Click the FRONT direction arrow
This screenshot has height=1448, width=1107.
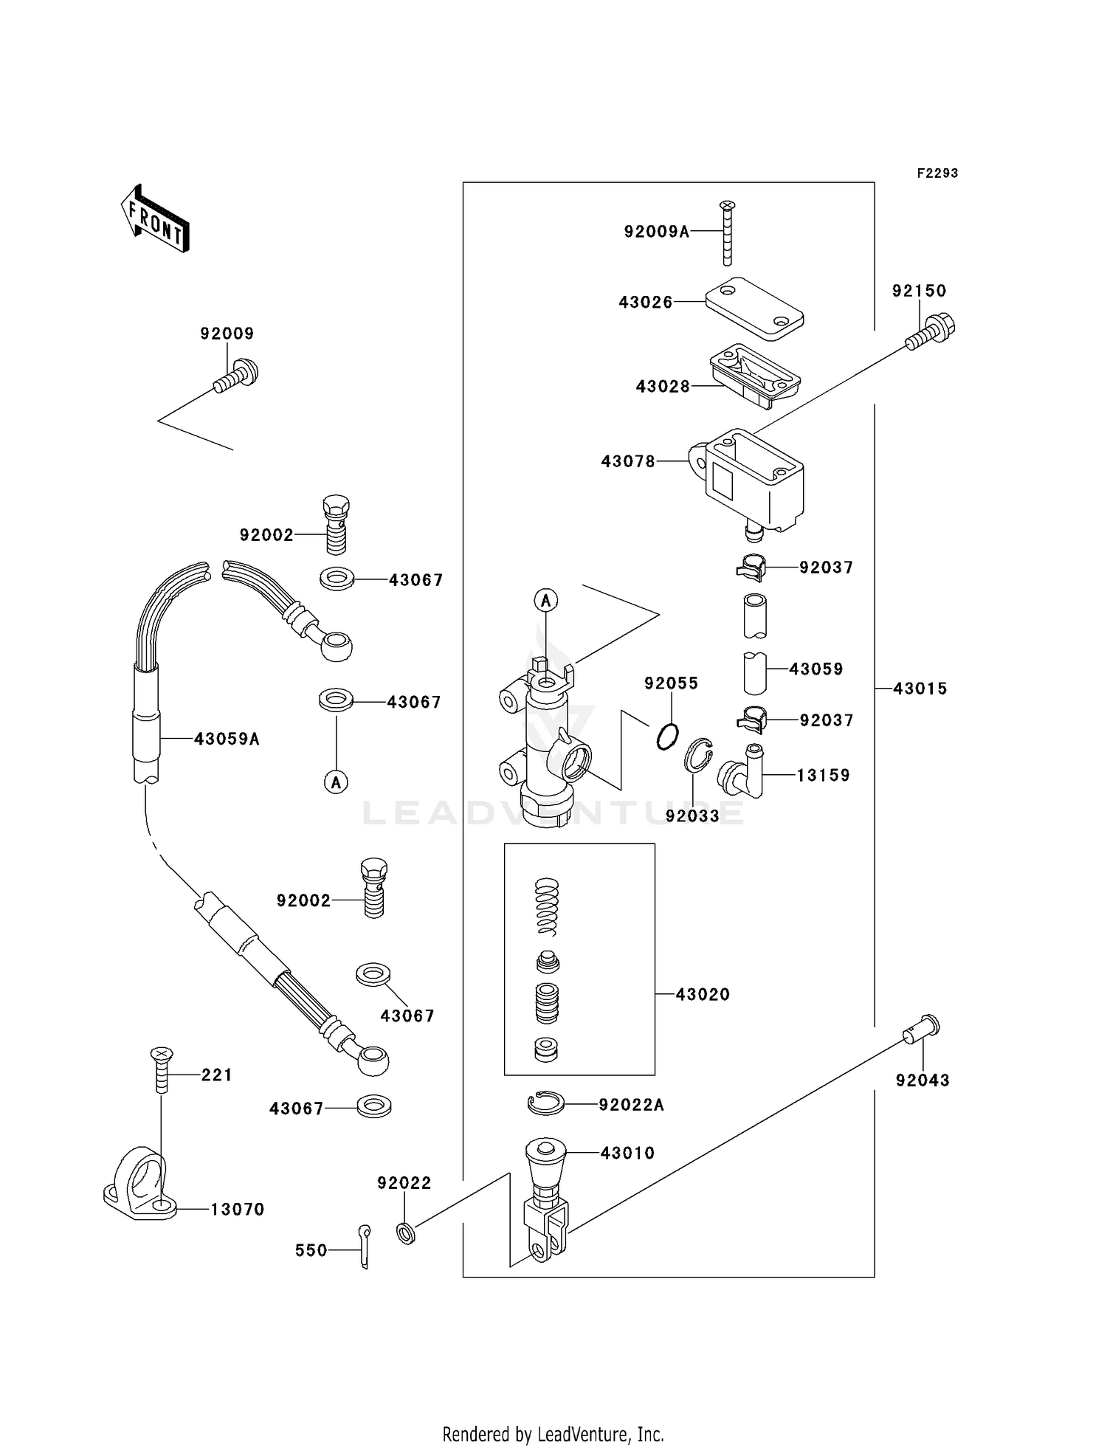click(x=156, y=220)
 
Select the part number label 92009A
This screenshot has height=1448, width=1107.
click(x=656, y=232)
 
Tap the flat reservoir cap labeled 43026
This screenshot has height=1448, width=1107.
click(x=754, y=308)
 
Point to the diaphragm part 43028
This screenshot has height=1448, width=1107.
click(x=754, y=375)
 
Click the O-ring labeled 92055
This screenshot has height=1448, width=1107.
click(x=667, y=736)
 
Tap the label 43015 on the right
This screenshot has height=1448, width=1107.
click(x=920, y=689)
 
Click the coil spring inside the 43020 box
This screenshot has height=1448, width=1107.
click(x=546, y=906)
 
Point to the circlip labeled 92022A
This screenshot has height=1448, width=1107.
click(x=546, y=1103)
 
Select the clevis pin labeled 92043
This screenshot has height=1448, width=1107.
click(x=922, y=1029)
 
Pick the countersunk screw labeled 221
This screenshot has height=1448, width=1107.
click(x=162, y=1069)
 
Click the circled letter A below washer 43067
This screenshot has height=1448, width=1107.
click(x=337, y=782)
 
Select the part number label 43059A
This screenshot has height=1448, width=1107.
click(x=227, y=739)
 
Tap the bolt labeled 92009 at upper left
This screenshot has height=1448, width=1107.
click(x=237, y=374)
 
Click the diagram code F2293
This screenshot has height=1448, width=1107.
click(x=937, y=173)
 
